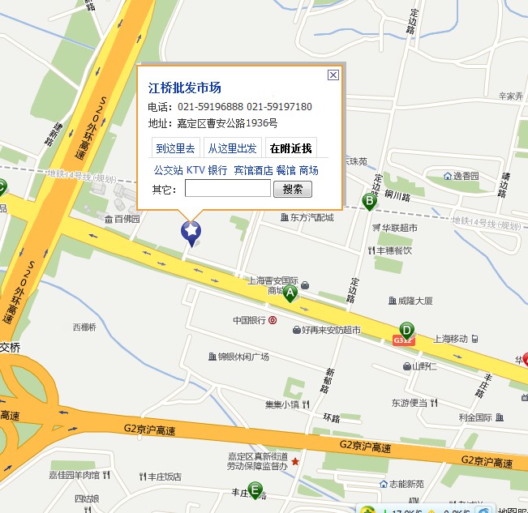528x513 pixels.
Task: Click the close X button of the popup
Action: point(333,75)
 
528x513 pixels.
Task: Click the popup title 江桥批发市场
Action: point(184,88)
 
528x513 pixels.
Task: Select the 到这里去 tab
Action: point(175,148)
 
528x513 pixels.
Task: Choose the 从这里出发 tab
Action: point(232,148)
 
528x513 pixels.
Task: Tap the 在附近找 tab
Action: point(290,148)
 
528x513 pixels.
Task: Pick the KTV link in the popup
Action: point(195,170)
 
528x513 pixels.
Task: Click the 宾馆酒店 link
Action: point(253,170)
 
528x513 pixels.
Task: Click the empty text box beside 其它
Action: point(227,189)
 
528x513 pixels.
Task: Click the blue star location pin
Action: point(191,233)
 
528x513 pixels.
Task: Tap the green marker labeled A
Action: point(290,293)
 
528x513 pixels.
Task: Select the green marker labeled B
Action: point(369,200)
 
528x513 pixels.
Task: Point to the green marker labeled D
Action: point(406,331)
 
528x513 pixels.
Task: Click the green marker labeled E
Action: point(255,489)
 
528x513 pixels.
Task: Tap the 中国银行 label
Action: point(250,320)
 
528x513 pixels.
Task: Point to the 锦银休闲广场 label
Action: point(243,357)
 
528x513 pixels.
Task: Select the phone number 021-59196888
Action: point(211,107)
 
